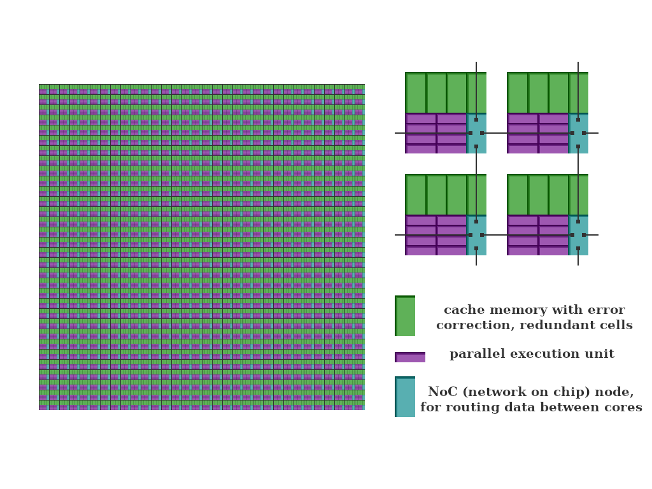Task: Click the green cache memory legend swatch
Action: [405, 316]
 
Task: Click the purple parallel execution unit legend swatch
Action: [410, 357]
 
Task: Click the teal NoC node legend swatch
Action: [405, 397]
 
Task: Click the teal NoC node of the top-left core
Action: [476, 133]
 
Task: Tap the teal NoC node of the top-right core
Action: [578, 133]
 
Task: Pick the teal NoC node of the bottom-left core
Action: [476, 235]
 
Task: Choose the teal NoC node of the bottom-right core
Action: [578, 235]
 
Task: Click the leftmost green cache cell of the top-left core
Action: [415, 93]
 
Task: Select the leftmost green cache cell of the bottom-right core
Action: [517, 195]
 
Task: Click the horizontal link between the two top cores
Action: [527, 133]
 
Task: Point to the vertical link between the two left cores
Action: [476, 184]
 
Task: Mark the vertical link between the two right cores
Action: [578, 184]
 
